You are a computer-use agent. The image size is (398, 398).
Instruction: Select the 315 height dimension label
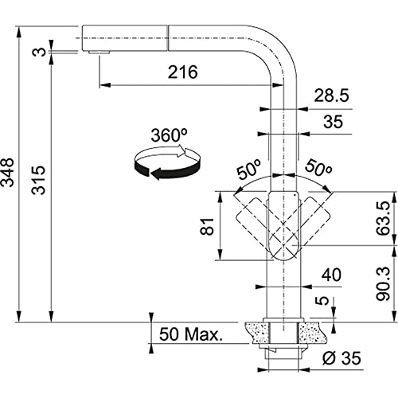(x=38, y=180)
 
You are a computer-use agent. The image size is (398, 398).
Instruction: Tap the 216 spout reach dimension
(x=183, y=72)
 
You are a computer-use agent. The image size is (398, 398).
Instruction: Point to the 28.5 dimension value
(x=331, y=96)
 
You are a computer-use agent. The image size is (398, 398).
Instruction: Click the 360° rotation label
(x=169, y=135)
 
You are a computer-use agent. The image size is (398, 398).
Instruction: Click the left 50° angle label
(x=249, y=170)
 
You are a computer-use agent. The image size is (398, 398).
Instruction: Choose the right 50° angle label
(x=318, y=168)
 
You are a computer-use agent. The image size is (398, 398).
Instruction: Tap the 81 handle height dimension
(x=207, y=226)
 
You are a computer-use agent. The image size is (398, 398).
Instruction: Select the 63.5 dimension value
(x=383, y=218)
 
